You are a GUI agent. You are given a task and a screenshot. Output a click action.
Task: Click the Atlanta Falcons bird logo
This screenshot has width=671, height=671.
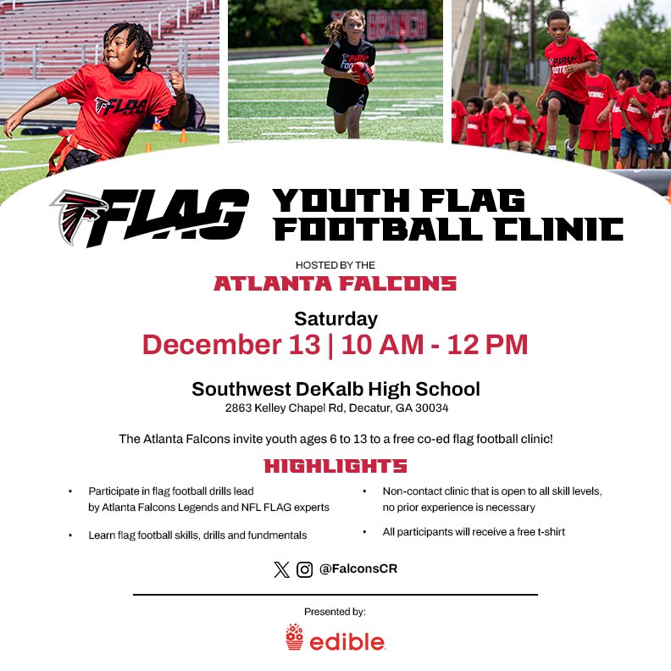point(79,216)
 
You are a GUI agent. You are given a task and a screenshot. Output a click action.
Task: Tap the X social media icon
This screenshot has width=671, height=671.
point(281,569)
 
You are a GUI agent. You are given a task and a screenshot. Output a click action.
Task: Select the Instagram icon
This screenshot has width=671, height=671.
point(304,569)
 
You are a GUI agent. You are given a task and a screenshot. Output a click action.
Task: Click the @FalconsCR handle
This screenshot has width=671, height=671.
point(358,569)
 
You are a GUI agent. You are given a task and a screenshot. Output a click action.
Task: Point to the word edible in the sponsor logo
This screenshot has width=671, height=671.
point(347,641)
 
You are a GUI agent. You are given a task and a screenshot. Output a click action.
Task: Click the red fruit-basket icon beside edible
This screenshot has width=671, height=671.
point(294,637)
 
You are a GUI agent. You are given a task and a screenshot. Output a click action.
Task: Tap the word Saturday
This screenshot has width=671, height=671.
point(335,319)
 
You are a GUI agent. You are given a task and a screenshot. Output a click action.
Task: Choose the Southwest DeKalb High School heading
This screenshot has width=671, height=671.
point(335,389)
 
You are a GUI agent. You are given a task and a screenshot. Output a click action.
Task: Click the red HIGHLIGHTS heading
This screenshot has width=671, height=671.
point(335,466)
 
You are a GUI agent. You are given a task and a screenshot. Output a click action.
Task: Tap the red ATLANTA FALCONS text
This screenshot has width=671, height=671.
point(335,284)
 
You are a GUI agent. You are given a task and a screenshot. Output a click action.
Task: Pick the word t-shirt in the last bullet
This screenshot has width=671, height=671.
point(547,532)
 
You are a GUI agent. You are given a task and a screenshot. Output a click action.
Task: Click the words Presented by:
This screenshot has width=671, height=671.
point(335,611)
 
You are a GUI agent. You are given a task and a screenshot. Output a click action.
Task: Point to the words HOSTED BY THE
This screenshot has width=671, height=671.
point(335,265)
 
